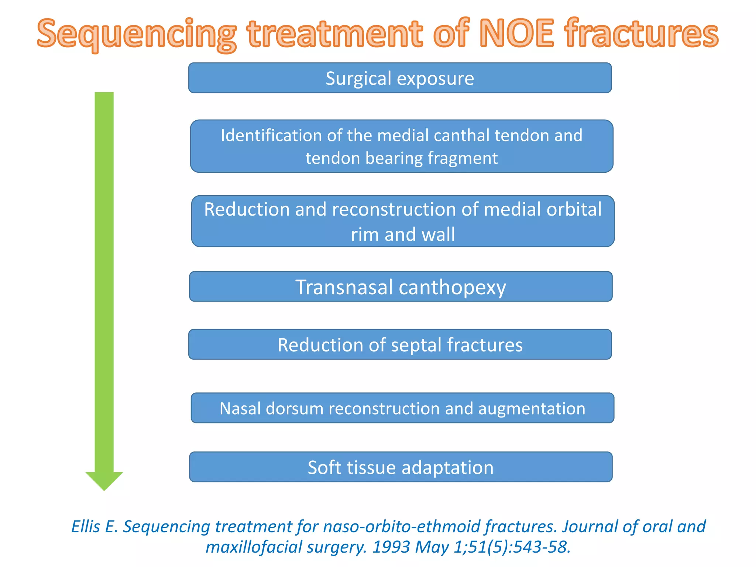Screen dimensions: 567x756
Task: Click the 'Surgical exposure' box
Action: (400, 78)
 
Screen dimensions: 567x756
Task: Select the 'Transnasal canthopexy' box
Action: (401, 287)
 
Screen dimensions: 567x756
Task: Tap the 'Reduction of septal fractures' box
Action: (400, 344)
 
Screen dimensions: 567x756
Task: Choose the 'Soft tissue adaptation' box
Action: (401, 467)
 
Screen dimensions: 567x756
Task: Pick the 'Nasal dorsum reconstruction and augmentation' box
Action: (402, 408)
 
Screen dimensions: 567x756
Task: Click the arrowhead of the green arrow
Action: (104, 480)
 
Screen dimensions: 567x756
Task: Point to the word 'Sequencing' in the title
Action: (136, 34)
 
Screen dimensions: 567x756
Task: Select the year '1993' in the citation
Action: (391, 547)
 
